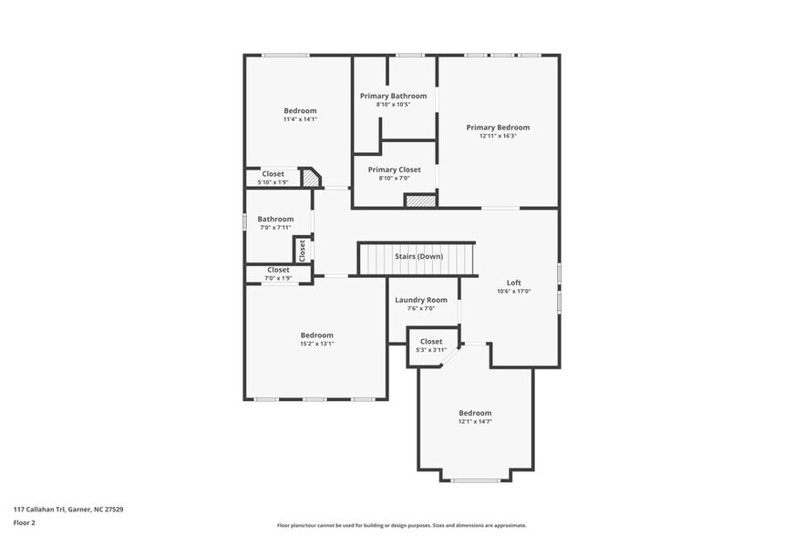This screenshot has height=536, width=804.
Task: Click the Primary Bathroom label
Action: [x=393, y=96]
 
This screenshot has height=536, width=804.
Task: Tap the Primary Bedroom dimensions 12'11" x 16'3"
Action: [x=498, y=136]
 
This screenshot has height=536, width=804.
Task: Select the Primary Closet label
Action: [x=394, y=170]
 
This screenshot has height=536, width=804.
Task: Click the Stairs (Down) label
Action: [x=418, y=257]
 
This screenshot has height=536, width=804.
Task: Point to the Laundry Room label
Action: [x=420, y=300]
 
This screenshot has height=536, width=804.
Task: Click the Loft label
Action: [x=513, y=283]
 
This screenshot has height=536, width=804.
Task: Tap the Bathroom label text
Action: [x=275, y=219]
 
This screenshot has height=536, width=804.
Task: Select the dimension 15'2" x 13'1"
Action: [x=317, y=344]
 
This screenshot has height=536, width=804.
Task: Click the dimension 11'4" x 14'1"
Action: [x=300, y=119]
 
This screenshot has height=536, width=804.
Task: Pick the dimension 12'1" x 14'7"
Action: [x=475, y=421]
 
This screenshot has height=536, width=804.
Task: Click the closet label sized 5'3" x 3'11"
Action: [x=431, y=342]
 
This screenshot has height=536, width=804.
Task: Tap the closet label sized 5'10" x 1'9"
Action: [x=273, y=174]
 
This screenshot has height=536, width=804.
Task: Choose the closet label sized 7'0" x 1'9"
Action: [x=278, y=270]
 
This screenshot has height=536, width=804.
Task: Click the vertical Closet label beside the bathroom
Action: [x=302, y=248]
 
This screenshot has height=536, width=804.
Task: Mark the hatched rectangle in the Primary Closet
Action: [x=419, y=201]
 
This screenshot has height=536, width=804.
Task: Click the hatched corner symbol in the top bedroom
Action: [x=311, y=180]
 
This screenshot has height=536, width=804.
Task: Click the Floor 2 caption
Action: [x=25, y=523]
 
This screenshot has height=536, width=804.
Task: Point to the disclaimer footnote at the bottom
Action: [x=402, y=526]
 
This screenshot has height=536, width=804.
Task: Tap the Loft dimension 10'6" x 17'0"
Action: [x=513, y=292]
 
